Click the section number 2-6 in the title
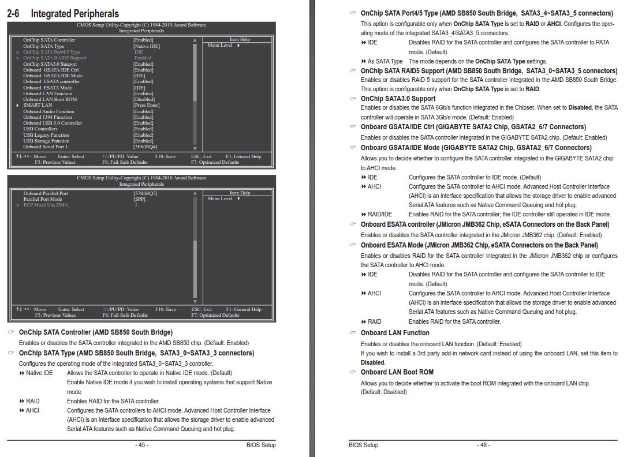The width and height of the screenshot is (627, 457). tap(15, 13)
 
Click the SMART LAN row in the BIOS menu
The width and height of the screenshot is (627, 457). tap(38, 105)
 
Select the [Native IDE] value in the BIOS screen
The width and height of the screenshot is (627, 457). tap(147, 46)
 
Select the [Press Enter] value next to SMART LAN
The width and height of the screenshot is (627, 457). tap(147, 105)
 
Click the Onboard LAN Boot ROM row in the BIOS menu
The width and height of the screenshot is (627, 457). tap(50, 99)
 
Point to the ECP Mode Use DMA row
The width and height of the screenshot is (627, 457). tap(46, 205)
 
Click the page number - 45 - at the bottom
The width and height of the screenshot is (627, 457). tap(141, 445)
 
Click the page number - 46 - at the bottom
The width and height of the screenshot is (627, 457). tap(483, 445)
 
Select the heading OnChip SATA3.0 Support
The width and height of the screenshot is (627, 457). tap(398, 98)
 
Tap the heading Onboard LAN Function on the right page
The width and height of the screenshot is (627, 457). tap(395, 333)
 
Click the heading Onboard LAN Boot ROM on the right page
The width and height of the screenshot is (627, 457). tap(397, 372)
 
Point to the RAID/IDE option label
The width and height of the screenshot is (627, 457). tap(379, 214)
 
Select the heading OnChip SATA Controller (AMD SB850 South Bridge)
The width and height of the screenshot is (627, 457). tap(95, 332)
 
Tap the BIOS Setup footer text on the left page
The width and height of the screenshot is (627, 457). tap(261, 445)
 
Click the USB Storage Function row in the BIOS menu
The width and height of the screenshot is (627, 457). tap(46, 141)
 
